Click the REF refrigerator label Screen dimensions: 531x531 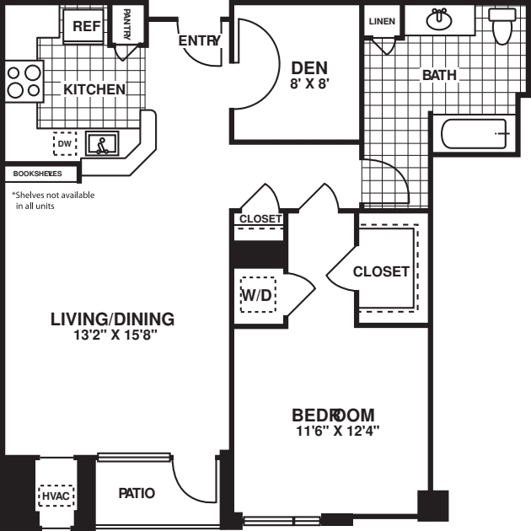[86, 26]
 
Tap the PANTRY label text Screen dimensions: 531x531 [126, 24]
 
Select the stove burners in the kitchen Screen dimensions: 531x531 [24, 82]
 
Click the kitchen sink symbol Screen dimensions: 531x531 [104, 146]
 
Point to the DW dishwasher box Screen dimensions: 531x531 [65, 145]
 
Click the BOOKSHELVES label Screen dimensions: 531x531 [38, 174]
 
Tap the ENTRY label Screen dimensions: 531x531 [199, 41]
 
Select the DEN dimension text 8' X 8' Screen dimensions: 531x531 [308, 83]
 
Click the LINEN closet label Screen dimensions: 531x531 [382, 21]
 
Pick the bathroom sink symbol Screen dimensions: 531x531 [439, 19]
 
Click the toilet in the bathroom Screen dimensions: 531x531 [502, 25]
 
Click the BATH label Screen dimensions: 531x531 [439, 75]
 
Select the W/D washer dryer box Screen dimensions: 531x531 [257, 294]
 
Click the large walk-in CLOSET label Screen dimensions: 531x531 [381, 271]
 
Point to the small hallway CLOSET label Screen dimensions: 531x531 [260, 219]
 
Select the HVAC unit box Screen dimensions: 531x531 [56, 496]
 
